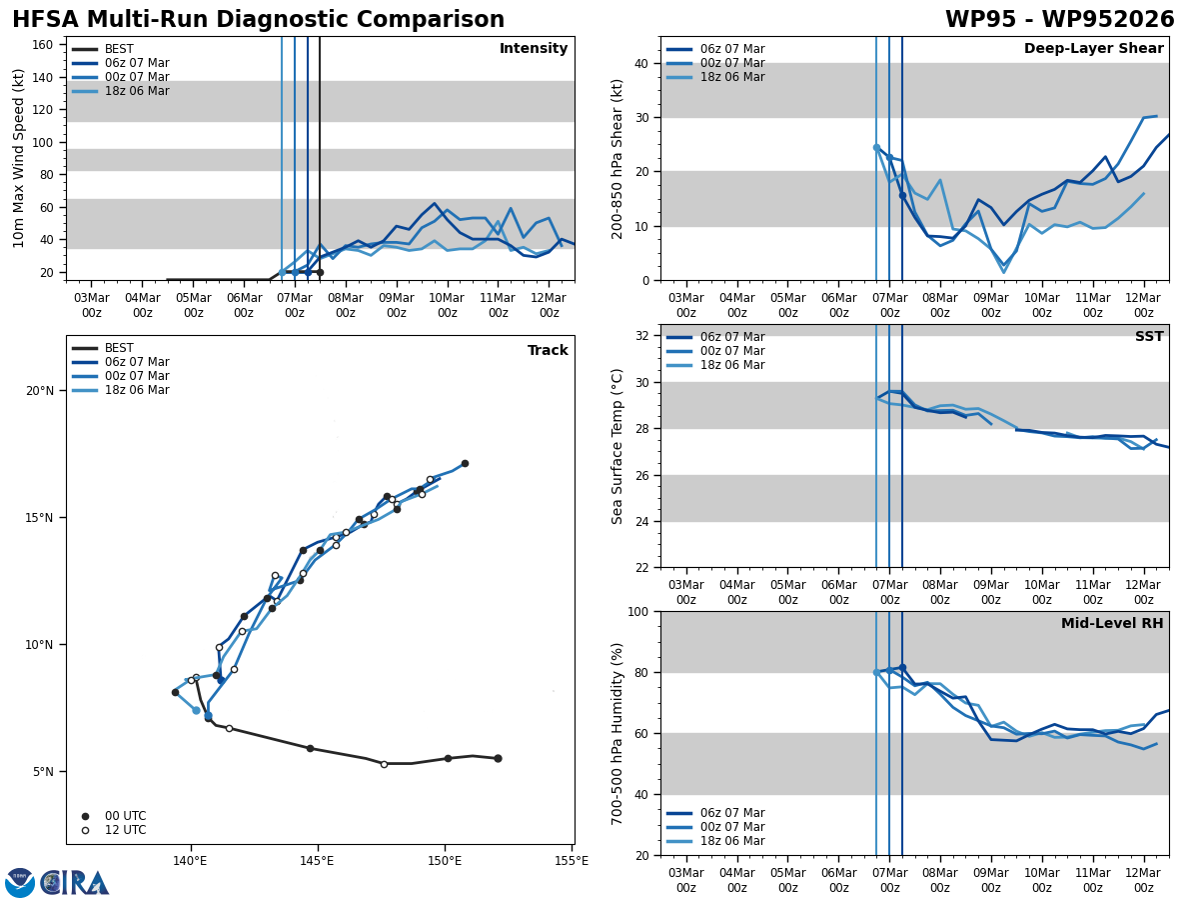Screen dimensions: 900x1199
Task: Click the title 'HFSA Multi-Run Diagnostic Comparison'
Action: [x=258, y=20]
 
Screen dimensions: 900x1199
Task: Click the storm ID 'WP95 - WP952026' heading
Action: [x=1059, y=20]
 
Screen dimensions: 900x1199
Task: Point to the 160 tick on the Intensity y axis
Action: [x=43, y=45]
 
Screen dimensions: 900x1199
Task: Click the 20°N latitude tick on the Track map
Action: [x=39, y=391]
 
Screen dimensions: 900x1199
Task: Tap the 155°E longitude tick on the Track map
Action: [x=571, y=860]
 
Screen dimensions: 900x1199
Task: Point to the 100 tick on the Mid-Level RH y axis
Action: [x=635, y=611]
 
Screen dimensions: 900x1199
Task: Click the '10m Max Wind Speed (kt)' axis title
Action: [x=20, y=158]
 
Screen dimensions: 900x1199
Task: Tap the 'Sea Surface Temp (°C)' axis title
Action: [x=617, y=446]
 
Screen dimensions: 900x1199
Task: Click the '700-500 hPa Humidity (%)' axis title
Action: [x=617, y=733]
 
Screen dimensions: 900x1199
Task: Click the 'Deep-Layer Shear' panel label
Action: [x=1093, y=49]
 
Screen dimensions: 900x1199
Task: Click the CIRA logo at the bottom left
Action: [x=76, y=882]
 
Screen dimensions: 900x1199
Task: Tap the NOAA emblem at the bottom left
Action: [x=20, y=882]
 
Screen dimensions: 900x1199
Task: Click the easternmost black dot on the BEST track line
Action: [x=498, y=758]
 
